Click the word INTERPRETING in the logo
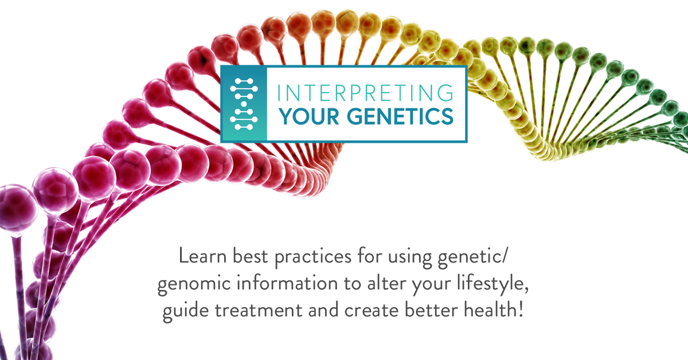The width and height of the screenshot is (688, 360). [x=365, y=92]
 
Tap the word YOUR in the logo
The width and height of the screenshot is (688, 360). [x=308, y=116]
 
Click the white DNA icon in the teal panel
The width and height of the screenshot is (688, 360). [x=244, y=104]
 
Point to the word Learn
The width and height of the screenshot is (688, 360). [x=202, y=256]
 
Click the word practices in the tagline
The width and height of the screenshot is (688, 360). [x=313, y=257]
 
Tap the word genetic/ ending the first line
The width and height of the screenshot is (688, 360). [x=471, y=258]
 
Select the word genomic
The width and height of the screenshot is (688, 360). [x=194, y=284]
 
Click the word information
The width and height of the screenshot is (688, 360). [x=287, y=283]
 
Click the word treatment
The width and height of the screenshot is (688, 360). [x=259, y=310]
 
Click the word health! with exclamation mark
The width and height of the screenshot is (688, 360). [x=493, y=310]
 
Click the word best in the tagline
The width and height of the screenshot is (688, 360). [x=251, y=256]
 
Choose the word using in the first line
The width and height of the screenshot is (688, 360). [x=410, y=258]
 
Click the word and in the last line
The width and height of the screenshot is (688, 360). [x=323, y=310]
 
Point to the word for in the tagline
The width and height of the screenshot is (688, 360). [x=369, y=255]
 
